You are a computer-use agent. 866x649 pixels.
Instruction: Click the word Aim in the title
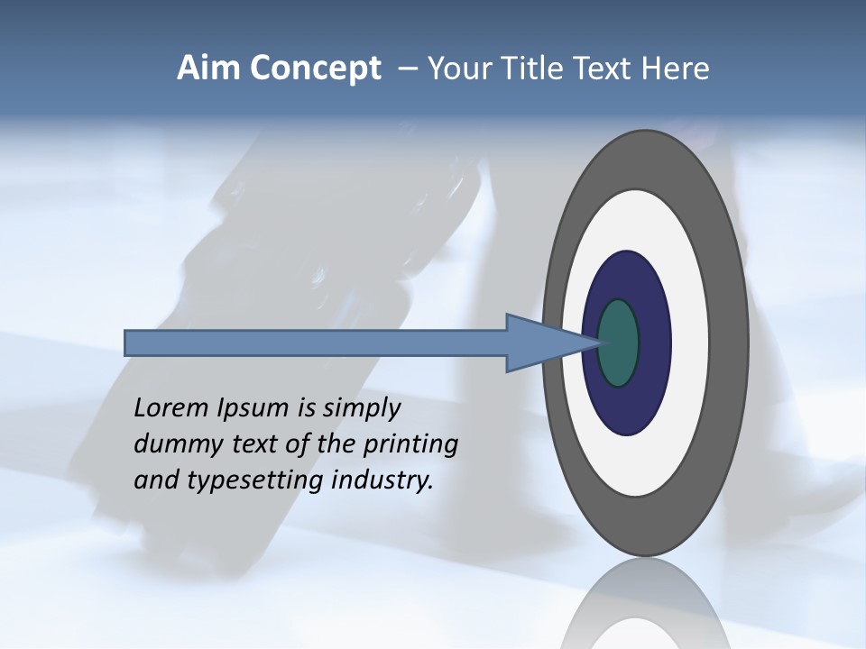coord(207,69)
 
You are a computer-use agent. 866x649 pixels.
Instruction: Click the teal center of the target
coord(619,343)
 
